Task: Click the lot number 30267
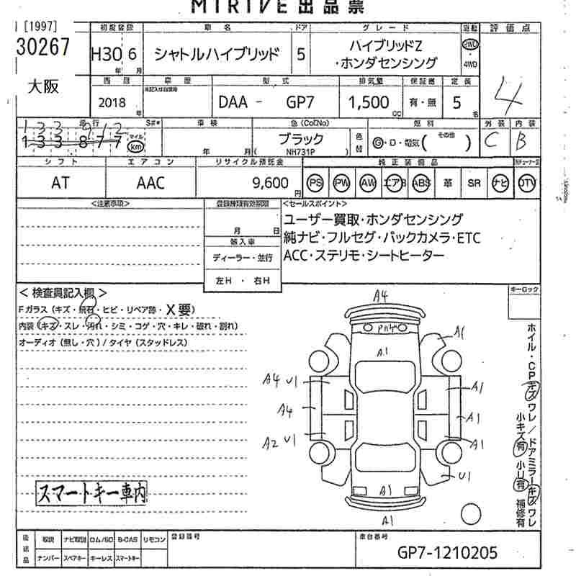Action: (x=42, y=48)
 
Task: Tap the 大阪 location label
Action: (x=42, y=86)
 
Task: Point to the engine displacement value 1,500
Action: (x=368, y=102)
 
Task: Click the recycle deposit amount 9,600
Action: (x=272, y=182)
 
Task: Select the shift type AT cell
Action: (x=60, y=183)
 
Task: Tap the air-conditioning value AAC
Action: (x=151, y=183)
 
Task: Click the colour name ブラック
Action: (x=300, y=139)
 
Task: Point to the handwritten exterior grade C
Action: (x=492, y=141)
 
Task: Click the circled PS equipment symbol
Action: (x=315, y=183)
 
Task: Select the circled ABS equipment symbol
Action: (x=420, y=183)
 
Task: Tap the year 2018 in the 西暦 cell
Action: (x=114, y=102)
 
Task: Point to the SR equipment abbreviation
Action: (x=474, y=183)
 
